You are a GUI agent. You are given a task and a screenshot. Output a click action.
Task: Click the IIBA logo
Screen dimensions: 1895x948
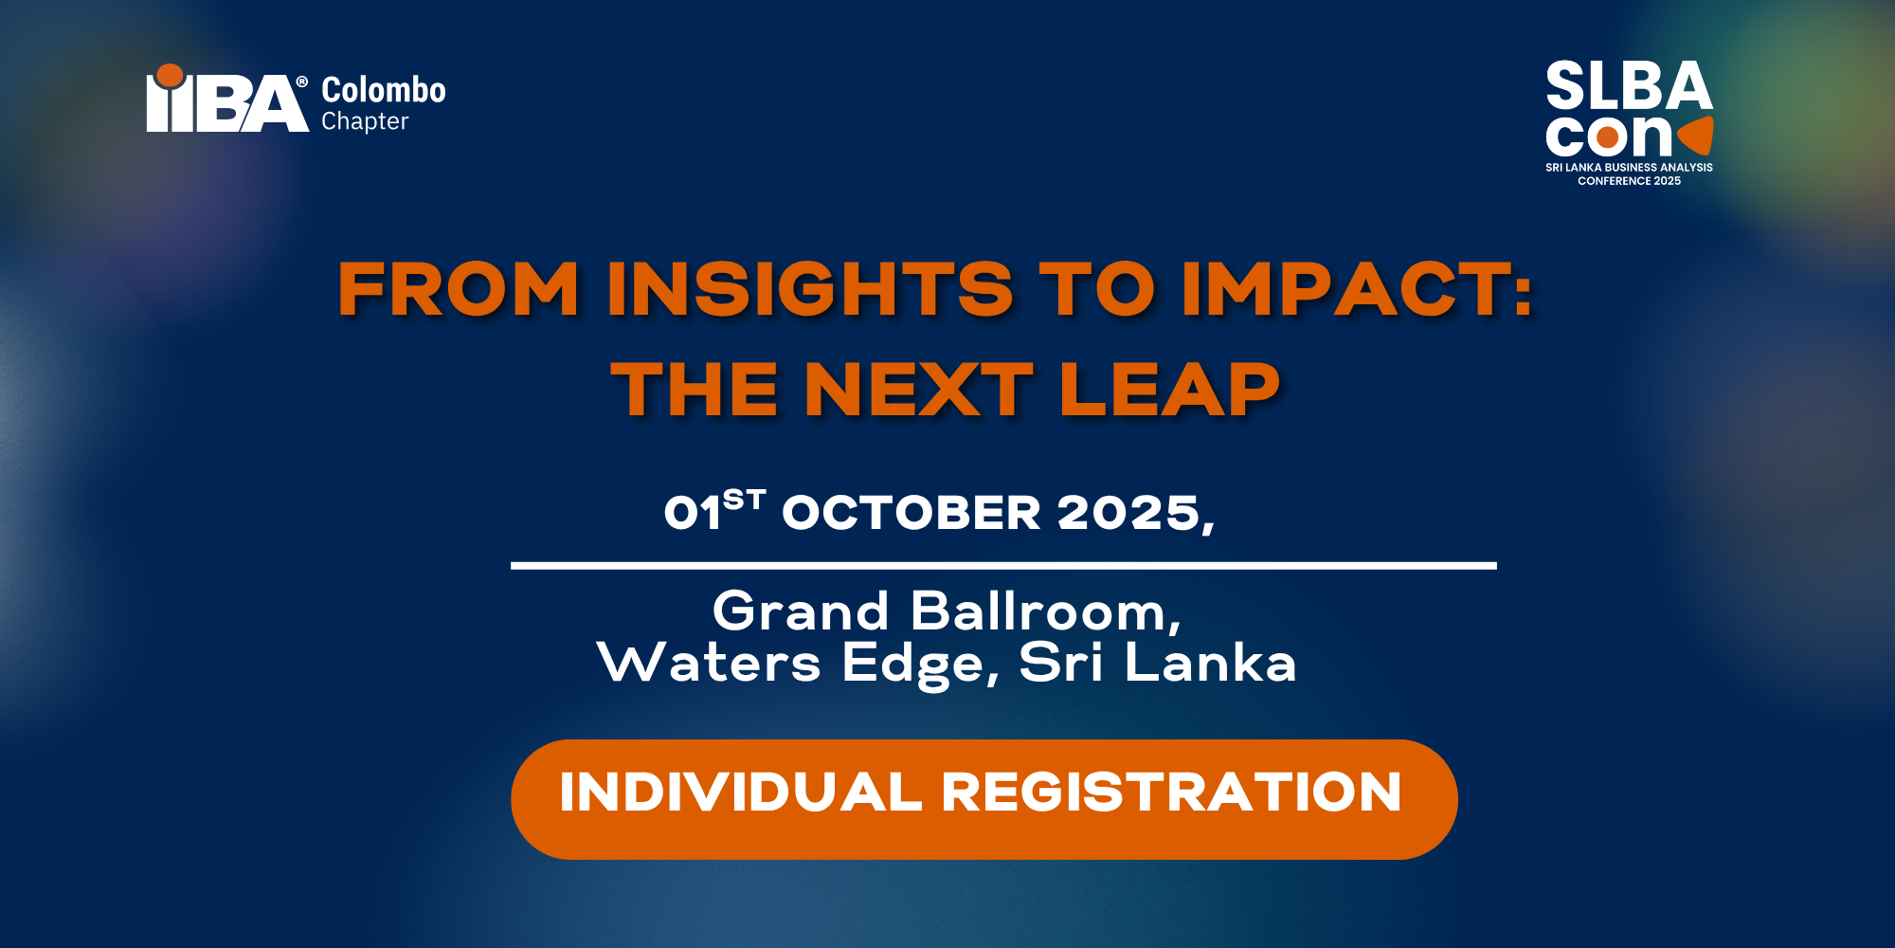point(227,98)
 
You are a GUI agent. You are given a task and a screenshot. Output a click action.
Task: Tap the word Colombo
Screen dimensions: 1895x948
point(384,90)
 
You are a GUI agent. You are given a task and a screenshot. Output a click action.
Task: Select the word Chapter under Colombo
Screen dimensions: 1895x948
point(365,121)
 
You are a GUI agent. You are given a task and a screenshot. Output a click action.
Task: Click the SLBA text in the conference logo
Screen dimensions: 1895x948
point(1629,85)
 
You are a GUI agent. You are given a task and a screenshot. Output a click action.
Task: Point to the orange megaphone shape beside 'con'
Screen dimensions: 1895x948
point(1696,136)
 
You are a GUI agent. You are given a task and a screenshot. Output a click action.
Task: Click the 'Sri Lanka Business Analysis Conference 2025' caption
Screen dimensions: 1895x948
point(1629,173)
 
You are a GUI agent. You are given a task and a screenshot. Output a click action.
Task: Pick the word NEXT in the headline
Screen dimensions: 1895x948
point(918,389)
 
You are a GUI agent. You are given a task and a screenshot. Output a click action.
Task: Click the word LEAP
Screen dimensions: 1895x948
point(1170,389)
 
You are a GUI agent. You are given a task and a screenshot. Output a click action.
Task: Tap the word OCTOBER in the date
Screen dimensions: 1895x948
point(911,513)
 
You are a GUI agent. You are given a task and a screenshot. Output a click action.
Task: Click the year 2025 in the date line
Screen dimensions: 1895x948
point(1129,513)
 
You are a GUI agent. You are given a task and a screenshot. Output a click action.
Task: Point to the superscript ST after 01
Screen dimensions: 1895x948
point(744,500)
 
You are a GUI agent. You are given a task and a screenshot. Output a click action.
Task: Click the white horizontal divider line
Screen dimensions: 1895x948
point(1003,566)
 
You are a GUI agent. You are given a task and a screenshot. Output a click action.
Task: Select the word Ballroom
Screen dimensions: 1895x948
point(1039,611)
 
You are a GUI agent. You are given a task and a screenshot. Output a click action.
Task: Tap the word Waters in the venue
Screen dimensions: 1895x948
point(709,663)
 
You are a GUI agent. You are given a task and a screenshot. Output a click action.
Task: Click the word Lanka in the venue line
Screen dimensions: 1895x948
point(1210,663)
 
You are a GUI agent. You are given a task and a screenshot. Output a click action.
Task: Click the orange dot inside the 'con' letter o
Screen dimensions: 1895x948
point(1608,138)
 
